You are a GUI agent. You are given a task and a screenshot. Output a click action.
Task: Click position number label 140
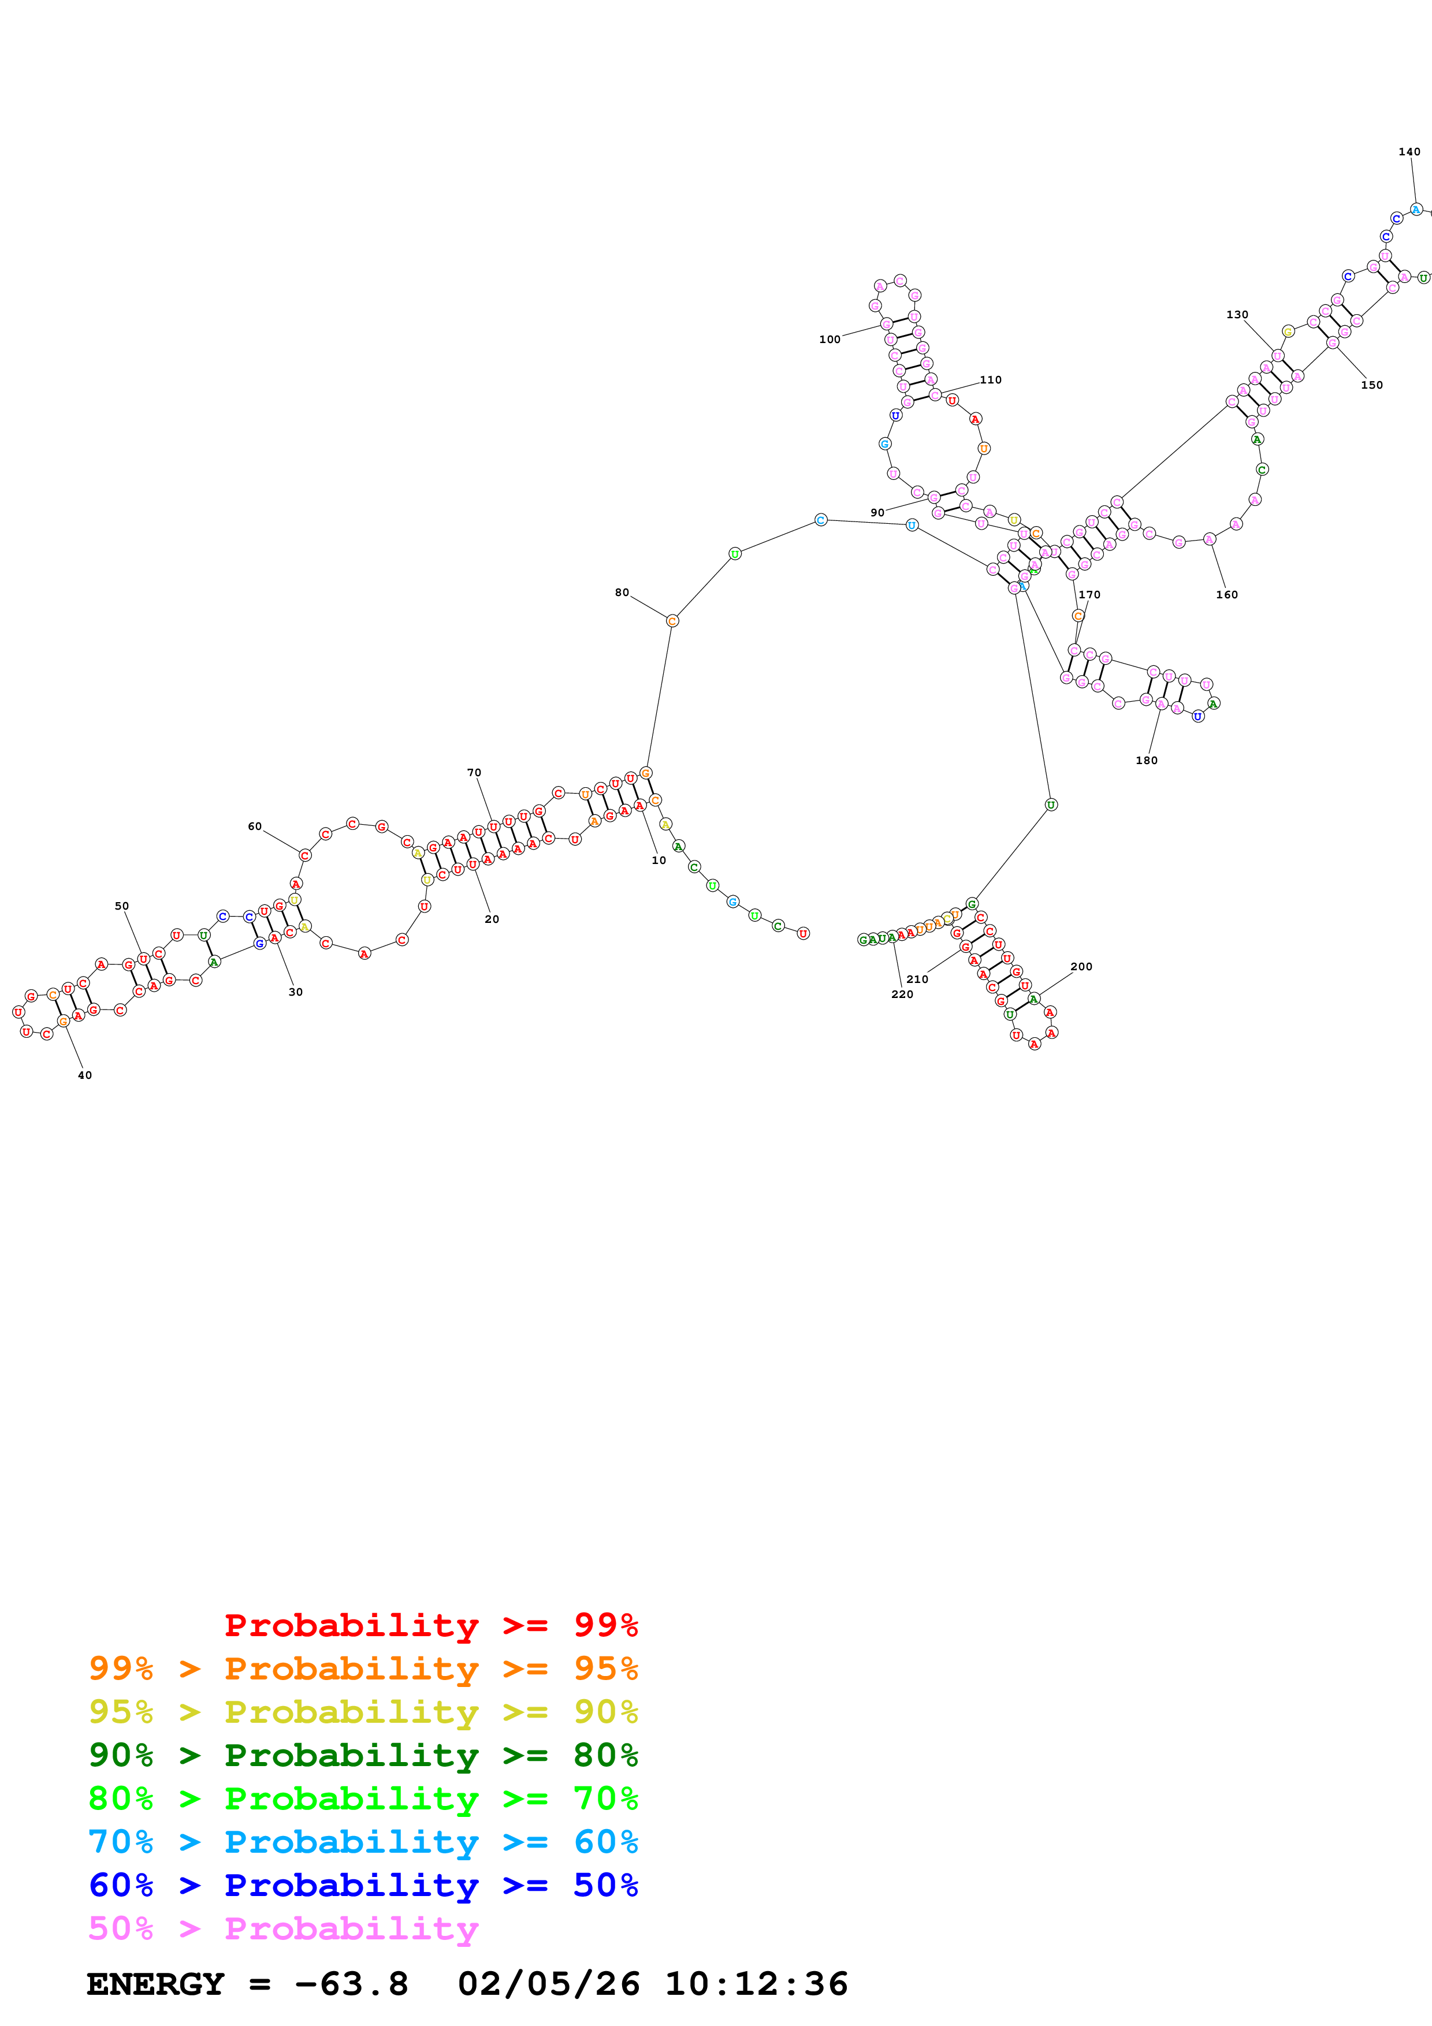1409,152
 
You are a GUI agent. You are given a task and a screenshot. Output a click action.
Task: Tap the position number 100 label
830,340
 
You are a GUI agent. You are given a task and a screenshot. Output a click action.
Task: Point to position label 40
85,1075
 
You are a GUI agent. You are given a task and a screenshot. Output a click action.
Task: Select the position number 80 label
622,592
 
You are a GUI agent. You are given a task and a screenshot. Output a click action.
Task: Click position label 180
1146,761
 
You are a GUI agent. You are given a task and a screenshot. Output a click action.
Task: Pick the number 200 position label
1081,966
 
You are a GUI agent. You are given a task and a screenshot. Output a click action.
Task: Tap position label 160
1226,595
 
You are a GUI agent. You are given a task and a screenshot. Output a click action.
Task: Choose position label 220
902,995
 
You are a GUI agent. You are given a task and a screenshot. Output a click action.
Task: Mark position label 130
1237,314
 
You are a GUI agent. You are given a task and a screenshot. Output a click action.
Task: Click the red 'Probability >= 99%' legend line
430,1625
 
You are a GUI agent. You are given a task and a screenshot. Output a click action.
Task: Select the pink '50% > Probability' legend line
283,1928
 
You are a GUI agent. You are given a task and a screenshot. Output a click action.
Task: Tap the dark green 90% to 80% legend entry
363,1754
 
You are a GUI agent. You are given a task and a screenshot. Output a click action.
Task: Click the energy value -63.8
351,1984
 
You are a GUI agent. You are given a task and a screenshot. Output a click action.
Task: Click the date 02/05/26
548,1984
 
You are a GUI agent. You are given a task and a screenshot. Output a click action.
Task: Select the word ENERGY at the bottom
155,1984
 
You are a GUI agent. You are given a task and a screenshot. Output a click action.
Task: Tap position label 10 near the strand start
658,861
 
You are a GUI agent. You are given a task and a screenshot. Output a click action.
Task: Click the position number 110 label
990,379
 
